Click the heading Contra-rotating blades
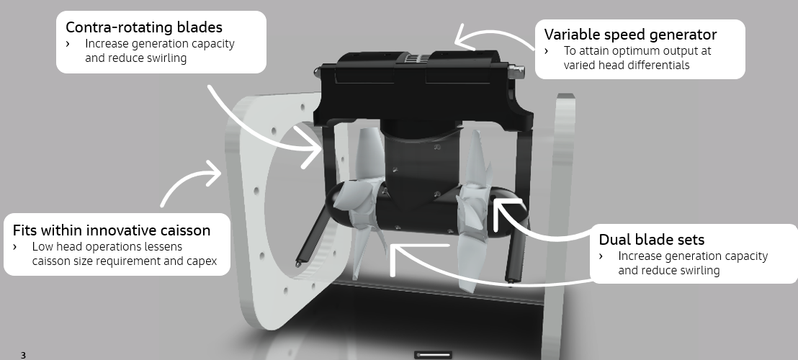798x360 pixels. coord(144,27)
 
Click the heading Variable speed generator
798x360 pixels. coord(631,35)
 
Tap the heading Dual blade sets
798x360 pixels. coord(651,240)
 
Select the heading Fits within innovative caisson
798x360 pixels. coord(112,230)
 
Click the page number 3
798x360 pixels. coord(23,355)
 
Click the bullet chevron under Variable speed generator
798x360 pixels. coord(547,51)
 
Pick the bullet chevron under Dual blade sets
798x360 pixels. coord(601,256)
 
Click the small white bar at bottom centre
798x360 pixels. coord(433,355)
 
